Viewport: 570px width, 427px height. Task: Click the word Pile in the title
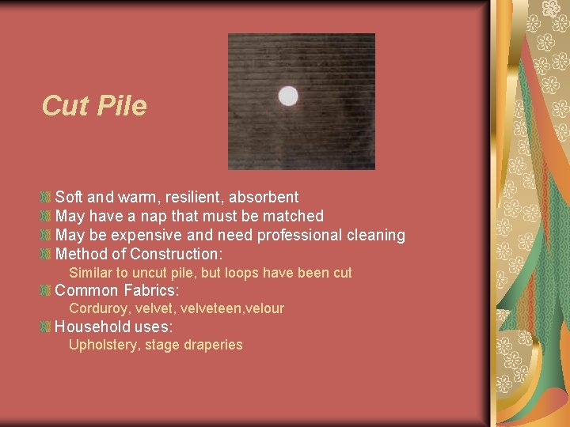coord(120,105)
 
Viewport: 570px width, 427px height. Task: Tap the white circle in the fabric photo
coord(288,96)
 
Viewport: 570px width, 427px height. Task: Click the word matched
coord(294,216)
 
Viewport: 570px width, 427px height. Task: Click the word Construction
coord(177,254)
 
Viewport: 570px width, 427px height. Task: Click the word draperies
coord(213,345)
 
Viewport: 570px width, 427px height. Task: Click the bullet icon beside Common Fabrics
coord(46,290)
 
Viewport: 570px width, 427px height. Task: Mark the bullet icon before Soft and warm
coord(46,197)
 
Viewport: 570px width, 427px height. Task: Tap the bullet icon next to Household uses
coord(46,326)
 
